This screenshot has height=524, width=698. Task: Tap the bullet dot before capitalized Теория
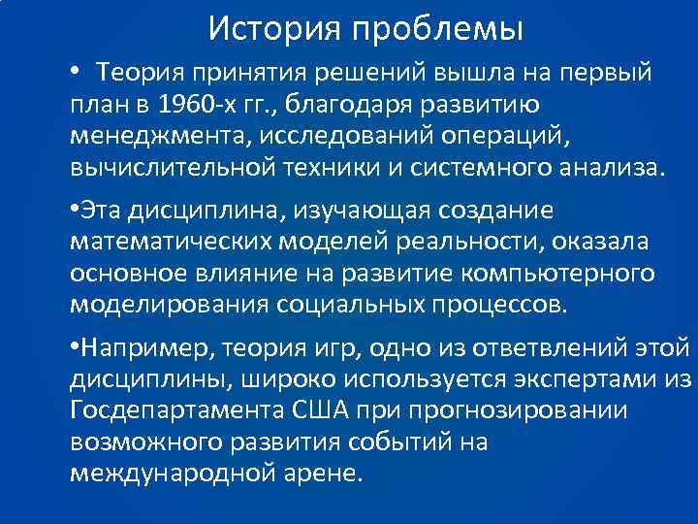pos(75,72)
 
